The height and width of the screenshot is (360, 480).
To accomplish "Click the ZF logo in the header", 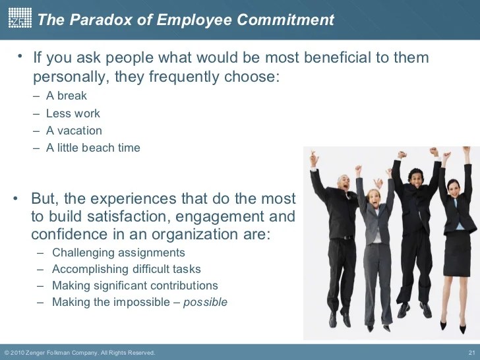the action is click(x=20, y=18).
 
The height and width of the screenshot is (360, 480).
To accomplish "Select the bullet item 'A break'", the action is click(x=67, y=96).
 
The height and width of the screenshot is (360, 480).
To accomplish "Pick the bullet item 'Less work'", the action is click(x=73, y=113).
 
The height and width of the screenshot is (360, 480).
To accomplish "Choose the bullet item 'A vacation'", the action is click(x=74, y=131).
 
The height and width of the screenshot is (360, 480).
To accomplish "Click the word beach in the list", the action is click(x=98, y=148).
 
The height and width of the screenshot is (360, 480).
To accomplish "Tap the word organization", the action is click(x=196, y=235).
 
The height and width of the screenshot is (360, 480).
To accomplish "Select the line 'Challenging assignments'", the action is click(x=119, y=253).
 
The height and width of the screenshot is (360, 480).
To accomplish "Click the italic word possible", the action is click(x=206, y=303).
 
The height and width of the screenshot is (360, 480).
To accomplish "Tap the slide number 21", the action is click(x=471, y=352).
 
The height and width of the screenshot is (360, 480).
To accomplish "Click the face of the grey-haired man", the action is click(x=344, y=183).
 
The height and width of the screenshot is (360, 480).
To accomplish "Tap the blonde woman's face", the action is click(x=373, y=198).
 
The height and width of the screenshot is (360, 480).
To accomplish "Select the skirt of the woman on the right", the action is click(x=456, y=253).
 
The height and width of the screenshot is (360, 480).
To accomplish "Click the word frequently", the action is click(x=184, y=76).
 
